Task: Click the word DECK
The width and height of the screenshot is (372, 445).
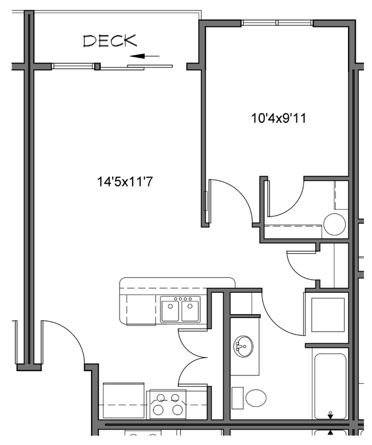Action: click(110, 41)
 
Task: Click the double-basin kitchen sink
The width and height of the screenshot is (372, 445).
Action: click(180, 311)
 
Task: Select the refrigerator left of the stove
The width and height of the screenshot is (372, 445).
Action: click(123, 400)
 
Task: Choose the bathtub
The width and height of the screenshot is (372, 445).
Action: click(330, 386)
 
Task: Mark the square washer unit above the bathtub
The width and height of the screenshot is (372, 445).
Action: click(327, 313)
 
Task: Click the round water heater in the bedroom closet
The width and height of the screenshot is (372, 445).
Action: click(334, 224)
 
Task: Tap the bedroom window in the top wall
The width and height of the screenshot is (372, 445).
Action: click(277, 23)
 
